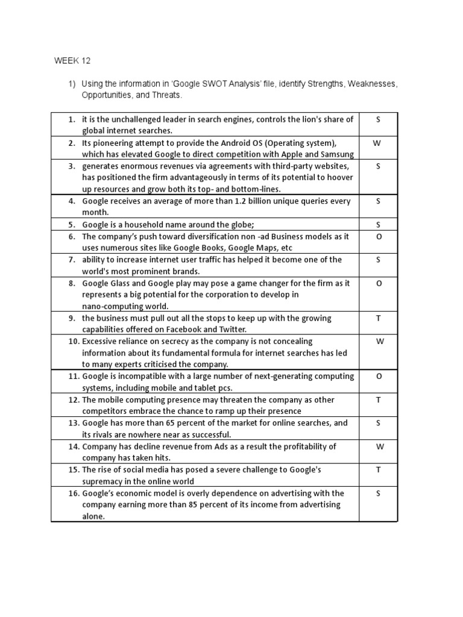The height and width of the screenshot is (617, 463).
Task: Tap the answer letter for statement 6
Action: point(378,237)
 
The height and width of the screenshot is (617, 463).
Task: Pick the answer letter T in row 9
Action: point(378,318)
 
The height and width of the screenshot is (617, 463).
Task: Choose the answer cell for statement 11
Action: point(378,377)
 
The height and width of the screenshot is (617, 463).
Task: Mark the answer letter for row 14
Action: point(378,447)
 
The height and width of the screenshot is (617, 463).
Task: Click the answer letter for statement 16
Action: point(378,493)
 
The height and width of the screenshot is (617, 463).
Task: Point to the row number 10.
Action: point(74,342)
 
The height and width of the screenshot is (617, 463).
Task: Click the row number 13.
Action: point(74,424)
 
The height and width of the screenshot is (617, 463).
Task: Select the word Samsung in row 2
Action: point(334,155)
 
